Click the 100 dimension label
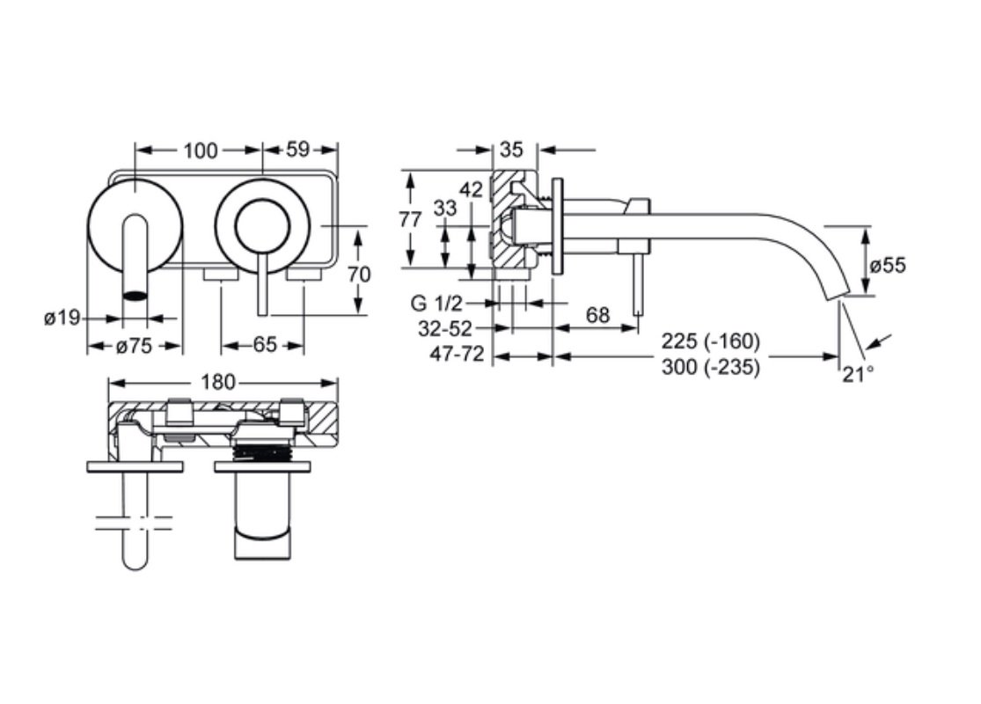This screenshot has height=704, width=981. (x=201, y=150)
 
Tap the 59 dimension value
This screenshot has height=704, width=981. (x=297, y=150)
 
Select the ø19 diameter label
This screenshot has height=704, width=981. (x=62, y=318)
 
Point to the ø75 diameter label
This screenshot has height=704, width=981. (x=134, y=346)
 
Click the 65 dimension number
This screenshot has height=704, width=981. (x=265, y=345)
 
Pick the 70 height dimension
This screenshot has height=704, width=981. (x=358, y=274)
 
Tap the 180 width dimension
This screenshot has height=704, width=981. (x=218, y=382)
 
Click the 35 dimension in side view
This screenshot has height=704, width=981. (x=511, y=150)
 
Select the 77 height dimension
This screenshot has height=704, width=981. (x=410, y=220)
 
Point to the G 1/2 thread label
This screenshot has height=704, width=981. (x=436, y=304)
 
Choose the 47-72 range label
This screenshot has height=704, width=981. (x=457, y=354)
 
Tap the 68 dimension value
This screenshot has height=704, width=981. (x=597, y=315)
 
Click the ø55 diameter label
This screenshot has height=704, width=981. (x=888, y=266)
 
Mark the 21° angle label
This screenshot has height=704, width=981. (x=858, y=374)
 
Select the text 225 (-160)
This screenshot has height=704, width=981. (x=711, y=341)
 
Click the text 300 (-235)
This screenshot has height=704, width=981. (x=711, y=367)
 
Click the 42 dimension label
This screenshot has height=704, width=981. (x=471, y=189)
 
